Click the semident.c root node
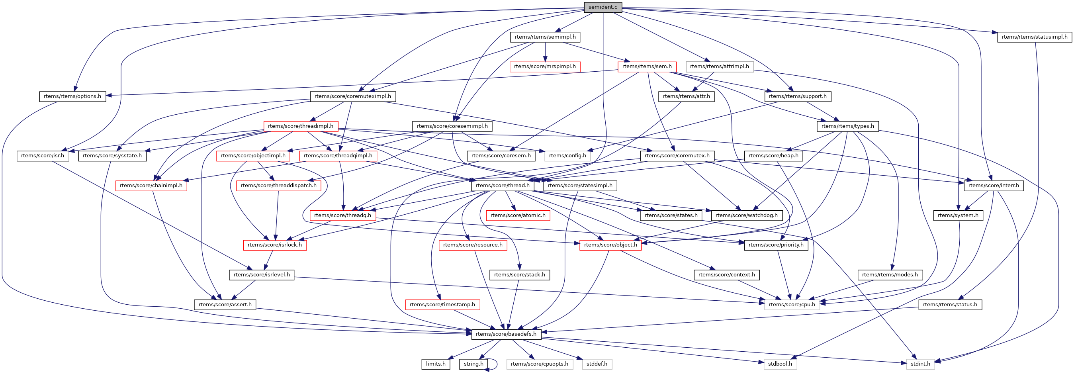coord(603,7)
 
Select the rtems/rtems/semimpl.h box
coord(545,37)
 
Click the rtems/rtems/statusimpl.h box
coord(1035,37)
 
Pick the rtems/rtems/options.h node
coord(72,96)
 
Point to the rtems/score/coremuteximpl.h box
coord(353,96)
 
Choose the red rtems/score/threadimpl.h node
coord(300,126)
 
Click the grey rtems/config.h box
coord(567,156)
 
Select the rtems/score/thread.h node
coord(503,186)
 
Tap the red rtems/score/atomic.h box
coord(518,215)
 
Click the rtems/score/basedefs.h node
coord(506,334)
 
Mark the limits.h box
coord(436,364)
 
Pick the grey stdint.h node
coord(920,364)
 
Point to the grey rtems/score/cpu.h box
coord(792,304)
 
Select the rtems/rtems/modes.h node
coord(890,275)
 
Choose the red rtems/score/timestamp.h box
coord(442,304)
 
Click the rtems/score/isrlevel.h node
coord(261,275)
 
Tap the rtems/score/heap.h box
coord(773,156)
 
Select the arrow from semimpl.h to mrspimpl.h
coord(545,52)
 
